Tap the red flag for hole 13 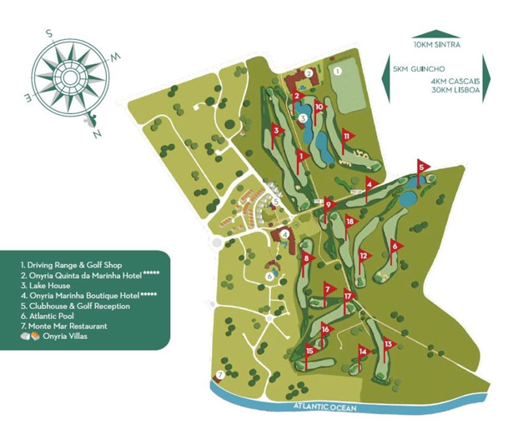[388, 343]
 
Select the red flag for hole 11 [346, 136]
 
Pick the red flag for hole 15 [309, 351]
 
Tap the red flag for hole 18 [350, 222]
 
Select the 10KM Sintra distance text [437, 42]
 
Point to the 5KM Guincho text [416, 72]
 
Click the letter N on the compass [98, 132]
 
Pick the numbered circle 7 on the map [219, 375]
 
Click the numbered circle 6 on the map [269, 276]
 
